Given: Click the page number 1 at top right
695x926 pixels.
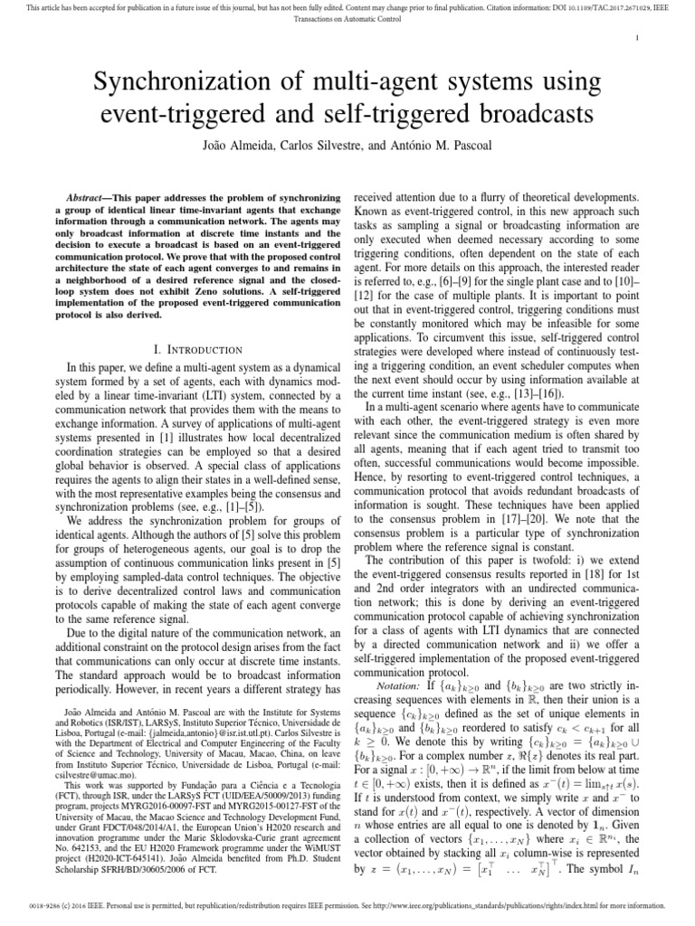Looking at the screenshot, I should coord(638,37).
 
